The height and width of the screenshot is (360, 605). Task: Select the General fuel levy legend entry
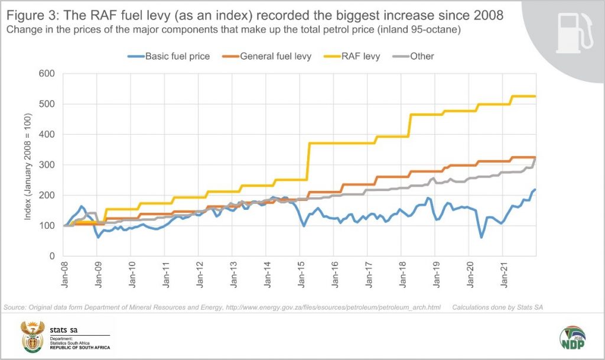pos(275,56)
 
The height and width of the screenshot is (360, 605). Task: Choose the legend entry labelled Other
pos(421,56)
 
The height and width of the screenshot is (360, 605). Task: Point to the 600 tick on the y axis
pos(47,74)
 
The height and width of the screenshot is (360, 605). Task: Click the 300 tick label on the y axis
pos(47,165)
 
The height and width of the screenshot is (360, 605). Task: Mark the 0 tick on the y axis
pos(51,256)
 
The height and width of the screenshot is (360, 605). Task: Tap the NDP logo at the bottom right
pos(572,338)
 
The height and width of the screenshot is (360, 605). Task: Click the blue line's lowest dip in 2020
pos(482,237)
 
